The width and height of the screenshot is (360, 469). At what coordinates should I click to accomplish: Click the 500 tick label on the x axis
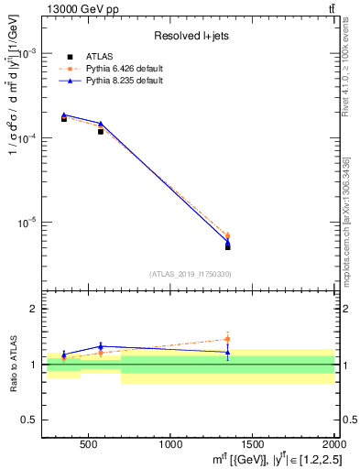[x=89, y=444]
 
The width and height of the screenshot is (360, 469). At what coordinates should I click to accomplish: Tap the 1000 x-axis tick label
[x=170, y=444]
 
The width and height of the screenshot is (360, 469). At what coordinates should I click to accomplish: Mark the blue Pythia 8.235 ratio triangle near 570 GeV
[x=101, y=346]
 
